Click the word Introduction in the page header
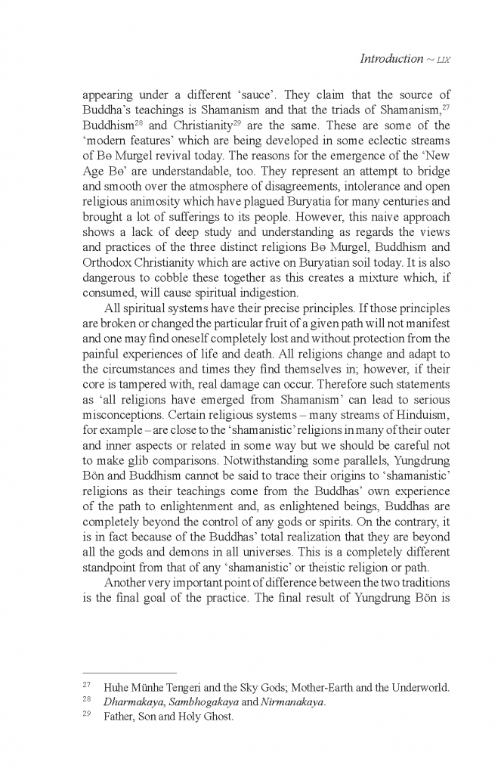[x=391, y=58]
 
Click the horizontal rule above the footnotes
[x=129, y=671]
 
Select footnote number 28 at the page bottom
[x=86, y=701]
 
